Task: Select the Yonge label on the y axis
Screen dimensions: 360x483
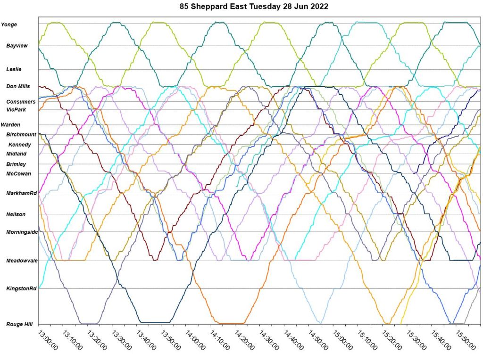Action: [x=9, y=25]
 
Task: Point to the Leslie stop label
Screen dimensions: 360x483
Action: [x=14, y=69]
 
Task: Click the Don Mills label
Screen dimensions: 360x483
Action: [x=18, y=87]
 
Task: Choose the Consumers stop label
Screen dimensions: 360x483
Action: [x=21, y=102]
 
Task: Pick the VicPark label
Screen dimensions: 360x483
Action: [x=17, y=110]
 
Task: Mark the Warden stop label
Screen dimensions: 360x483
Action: [x=11, y=125]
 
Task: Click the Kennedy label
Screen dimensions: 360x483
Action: [x=20, y=145]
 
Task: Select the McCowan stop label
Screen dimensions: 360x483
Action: [x=18, y=174]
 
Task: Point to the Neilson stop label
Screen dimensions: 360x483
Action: [x=16, y=214]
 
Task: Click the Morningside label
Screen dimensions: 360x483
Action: [x=22, y=232]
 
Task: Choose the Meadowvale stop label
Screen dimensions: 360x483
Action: [x=22, y=261]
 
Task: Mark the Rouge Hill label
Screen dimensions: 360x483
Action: [x=19, y=324]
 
